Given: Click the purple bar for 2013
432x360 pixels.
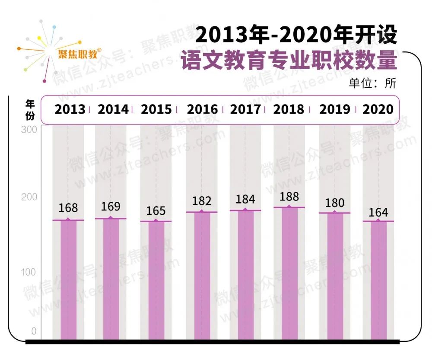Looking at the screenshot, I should tap(68, 280).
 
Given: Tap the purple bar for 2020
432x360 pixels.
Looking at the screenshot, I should tap(378, 281).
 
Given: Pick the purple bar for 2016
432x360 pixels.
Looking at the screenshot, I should tap(202, 276).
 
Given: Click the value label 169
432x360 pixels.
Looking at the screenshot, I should tap(111, 207).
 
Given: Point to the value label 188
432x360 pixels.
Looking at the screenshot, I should tap(289, 197).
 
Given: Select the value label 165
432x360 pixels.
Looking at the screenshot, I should tap(156, 211).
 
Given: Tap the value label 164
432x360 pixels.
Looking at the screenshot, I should tap(378, 213).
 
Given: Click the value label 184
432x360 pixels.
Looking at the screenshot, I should tap(245, 200).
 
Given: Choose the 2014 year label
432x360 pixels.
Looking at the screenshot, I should tap(113, 109).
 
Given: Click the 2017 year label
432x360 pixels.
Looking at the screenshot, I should tap(245, 109).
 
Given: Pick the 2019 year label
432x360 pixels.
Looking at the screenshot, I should tap(335, 109).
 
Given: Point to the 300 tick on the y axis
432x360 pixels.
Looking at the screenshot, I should tap(29, 130).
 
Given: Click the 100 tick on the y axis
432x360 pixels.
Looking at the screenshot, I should tap(29, 272).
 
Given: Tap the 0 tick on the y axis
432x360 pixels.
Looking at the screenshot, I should tap(34, 332).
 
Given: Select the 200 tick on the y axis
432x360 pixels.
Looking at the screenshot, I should tap(29, 197).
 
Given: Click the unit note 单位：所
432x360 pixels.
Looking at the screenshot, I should tap(372, 83).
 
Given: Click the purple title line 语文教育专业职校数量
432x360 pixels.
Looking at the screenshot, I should tap(289, 61).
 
